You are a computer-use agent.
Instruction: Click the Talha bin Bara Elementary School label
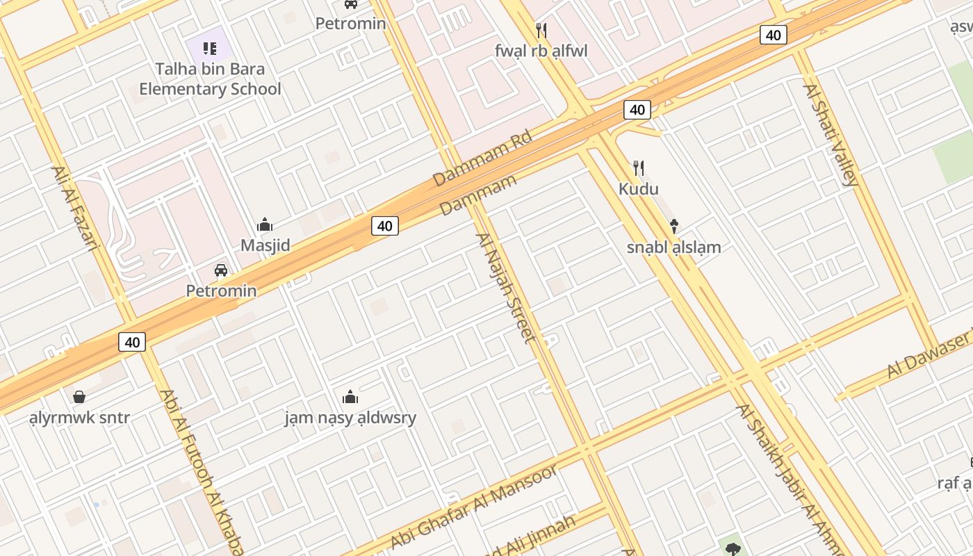click(210, 79)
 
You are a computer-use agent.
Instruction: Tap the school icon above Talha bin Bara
click(210, 48)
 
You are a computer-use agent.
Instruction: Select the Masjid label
click(265, 245)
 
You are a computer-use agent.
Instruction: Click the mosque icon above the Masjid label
click(265, 224)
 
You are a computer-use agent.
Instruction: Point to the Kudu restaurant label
click(639, 189)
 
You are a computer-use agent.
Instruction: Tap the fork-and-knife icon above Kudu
click(639, 167)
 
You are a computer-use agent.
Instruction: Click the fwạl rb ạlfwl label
click(541, 51)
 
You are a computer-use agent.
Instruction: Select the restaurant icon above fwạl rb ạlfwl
click(541, 30)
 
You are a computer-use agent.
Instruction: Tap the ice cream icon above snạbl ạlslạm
click(673, 226)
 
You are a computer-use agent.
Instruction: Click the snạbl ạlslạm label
click(673, 247)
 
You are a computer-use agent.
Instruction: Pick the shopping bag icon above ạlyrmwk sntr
click(79, 397)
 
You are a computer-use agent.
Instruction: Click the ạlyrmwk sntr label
click(79, 418)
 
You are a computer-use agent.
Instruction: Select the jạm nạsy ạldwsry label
click(350, 418)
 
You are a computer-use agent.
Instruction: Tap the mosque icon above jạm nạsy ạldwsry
click(350, 397)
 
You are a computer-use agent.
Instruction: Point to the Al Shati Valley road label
click(831, 135)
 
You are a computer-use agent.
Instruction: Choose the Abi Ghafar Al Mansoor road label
click(474, 506)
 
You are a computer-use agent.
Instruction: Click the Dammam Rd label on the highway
click(482, 158)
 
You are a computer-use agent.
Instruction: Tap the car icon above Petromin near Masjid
click(221, 270)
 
